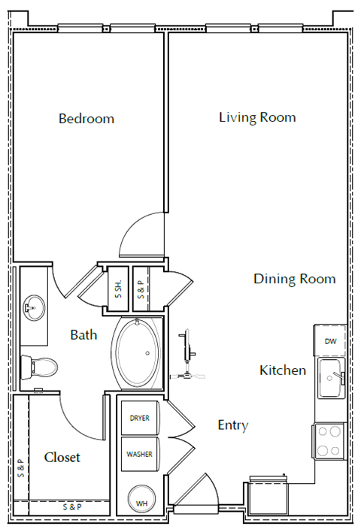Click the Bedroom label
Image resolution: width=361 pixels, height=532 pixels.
[x=86, y=119]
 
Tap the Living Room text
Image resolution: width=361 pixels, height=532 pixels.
[x=257, y=117]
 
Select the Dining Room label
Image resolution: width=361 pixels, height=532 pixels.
[x=294, y=279]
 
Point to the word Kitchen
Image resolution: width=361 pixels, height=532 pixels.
[x=283, y=370]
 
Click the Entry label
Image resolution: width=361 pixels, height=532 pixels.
[x=232, y=425]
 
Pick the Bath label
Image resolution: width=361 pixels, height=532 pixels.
[x=83, y=334]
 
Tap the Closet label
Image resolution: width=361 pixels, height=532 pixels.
[x=62, y=457]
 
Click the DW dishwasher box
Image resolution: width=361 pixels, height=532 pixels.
[x=330, y=341]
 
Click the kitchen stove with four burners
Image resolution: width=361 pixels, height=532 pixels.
[x=329, y=441]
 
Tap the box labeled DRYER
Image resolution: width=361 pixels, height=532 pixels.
[x=139, y=418]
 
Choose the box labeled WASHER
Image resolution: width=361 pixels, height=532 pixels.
[x=139, y=454]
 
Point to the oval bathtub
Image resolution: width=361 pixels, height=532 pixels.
[x=138, y=353]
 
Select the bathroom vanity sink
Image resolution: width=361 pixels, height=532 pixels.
[x=32, y=307]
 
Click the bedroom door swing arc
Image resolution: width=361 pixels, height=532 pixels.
[x=139, y=234]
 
